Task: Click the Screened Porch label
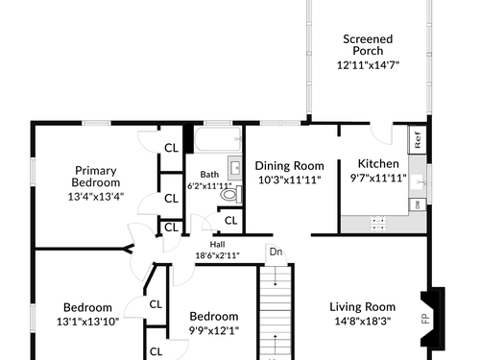pyautogui.click(x=368, y=45)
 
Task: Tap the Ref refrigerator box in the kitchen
pyautogui.click(x=418, y=139)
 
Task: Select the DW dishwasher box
pyautogui.click(x=418, y=204)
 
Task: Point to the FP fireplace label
pyautogui.click(x=425, y=319)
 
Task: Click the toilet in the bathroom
pyautogui.click(x=231, y=194)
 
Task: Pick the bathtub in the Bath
pyautogui.click(x=218, y=139)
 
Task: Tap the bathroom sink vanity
pyautogui.click(x=235, y=168)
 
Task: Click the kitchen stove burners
pyautogui.click(x=378, y=224)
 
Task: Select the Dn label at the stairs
pyautogui.click(x=276, y=252)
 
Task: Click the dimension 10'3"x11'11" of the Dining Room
pyautogui.click(x=290, y=180)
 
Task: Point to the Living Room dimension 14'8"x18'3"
pyautogui.click(x=363, y=321)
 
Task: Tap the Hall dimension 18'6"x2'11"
pyautogui.click(x=218, y=255)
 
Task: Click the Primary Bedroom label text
pyautogui.click(x=96, y=177)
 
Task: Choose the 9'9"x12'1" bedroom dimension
pyautogui.click(x=214, y=330)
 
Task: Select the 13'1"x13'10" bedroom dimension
pyautogui.click(x=88, y=322)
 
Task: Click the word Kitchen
pyautogui.click(x=378, y=163)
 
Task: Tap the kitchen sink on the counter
pyautogui.click(x=417, y=181)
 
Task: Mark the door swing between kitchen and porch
pyautogui.click(x=381, y=134)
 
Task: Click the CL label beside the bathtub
pyautogui.click(x=171, y=148)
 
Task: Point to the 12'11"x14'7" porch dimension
pyautogui.click(x=368, y=65)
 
